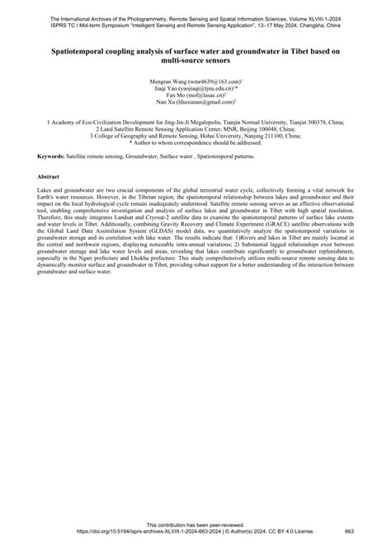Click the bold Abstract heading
49,177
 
